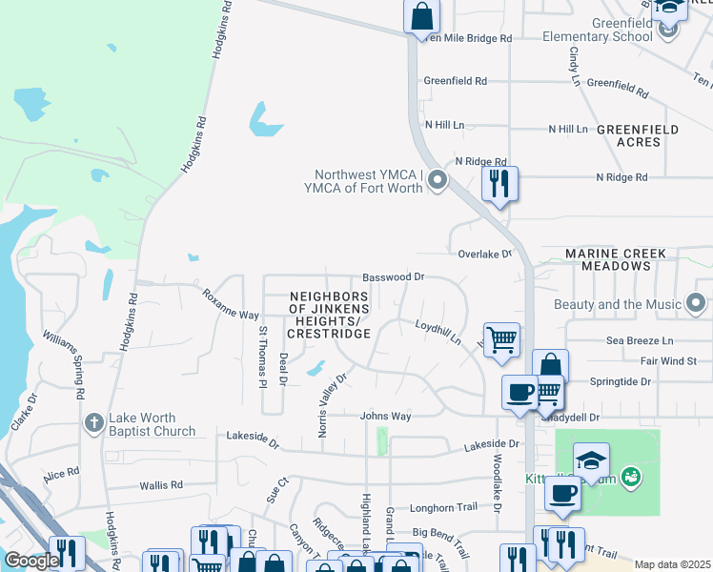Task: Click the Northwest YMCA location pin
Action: coord(438,179)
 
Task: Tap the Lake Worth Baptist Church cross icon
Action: coord(93,422)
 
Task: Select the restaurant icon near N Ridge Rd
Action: coord(499,183)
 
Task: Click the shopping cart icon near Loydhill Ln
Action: coord(501,339)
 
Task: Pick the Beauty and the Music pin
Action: coord(696,304)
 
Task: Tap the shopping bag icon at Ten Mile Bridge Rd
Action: coord(420,16)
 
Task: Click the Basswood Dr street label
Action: coord(393,276)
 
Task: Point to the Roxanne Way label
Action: coord(231,302)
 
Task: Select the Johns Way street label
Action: coord(385,417)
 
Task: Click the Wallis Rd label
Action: coord(161,485)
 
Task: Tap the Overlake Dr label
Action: coord(484,255)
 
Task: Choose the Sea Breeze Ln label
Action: coord(640,340)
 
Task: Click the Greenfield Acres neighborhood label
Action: coord(638,135)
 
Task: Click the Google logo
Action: coord(31,562)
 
